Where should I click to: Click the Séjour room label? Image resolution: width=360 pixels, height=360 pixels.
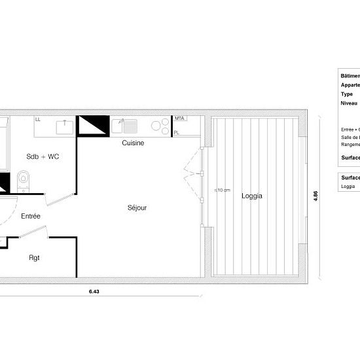(x=137, y=207)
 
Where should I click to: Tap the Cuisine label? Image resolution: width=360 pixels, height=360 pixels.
(x=133, y=143)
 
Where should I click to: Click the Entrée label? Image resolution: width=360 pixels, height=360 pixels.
(x=31, y=216)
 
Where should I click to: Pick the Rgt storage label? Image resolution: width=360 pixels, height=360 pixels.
(x=35, y=257)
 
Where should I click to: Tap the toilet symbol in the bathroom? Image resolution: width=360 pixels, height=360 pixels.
(x=24, y=179)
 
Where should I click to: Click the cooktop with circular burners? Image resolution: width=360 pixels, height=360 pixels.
(x=160, y=126)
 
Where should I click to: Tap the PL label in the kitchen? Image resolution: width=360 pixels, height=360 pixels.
(x=177, y=133)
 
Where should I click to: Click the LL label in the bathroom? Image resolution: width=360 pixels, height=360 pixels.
(x=38, y=120)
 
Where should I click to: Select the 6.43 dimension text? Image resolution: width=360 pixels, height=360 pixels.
(x=95, y=292)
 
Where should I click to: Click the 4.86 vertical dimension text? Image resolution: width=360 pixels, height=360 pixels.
(x=315, y=196)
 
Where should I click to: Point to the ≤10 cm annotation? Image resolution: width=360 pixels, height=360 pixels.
(x=222, y=190)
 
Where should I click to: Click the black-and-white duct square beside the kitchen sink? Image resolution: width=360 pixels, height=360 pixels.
(x=92, y=126)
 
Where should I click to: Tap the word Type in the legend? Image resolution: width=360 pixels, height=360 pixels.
(x=347, y=94)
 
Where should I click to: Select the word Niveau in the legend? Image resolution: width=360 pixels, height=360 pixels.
(x=348, y=103)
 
